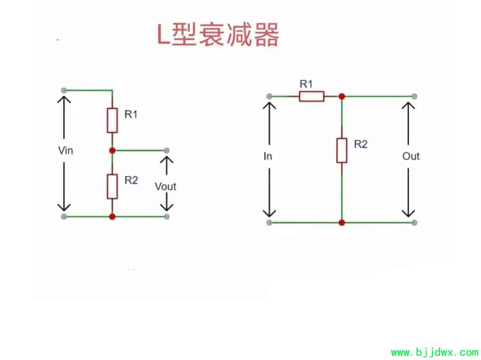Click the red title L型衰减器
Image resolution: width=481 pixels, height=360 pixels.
click(218, 35)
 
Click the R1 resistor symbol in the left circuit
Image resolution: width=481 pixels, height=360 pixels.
click(112, 120)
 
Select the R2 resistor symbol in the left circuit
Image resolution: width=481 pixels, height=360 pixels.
click(112, 186)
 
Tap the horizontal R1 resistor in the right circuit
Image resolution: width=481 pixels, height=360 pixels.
click(311, 96)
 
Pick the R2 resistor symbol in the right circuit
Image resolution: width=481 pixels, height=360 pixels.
click(342, 150)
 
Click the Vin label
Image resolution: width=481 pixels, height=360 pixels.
click(65, 150)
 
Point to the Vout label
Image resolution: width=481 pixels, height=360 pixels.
click(165, 186)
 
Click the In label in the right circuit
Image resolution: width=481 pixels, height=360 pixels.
click(268, 156)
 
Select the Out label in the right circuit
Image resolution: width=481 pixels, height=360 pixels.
click(411, 156)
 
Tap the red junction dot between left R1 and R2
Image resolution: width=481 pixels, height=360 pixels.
click(112, 150)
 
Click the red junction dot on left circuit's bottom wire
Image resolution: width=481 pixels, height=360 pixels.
click(112, 216)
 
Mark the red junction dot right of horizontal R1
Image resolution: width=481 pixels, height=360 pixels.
click(342, 96)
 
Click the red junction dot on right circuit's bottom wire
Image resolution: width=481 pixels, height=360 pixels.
click(342, 222)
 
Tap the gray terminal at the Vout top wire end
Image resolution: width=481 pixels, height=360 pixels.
click(167, 150)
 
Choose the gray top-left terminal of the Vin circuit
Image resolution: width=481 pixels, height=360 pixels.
click(64, 90)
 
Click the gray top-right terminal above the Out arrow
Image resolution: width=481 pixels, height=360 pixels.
click(414, 96)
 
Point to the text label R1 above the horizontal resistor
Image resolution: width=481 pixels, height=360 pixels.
click(306, 84)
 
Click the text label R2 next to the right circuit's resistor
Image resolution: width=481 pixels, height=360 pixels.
click(361, 144)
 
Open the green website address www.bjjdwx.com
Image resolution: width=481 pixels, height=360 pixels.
click(434, 353)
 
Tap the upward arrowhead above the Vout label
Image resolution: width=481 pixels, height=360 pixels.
click(167, 158)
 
